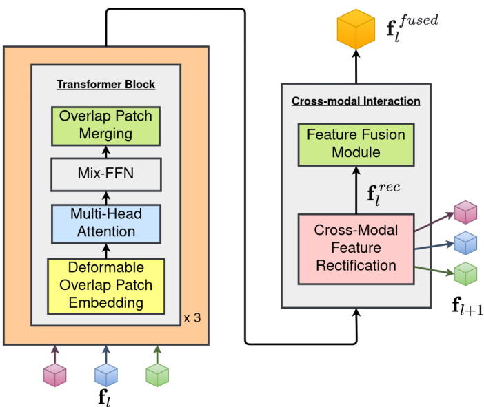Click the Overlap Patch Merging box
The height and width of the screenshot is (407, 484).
point(105,125)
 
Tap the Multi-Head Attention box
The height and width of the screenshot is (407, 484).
point(105,222)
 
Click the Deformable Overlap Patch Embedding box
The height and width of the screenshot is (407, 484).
point(105,285)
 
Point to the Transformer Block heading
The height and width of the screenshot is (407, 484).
point(105,85)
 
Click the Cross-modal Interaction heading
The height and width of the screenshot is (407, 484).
point(356,101)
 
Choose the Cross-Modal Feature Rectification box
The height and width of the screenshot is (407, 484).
point(356,248)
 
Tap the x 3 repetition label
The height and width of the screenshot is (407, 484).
point(193,318)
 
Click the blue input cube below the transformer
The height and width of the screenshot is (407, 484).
point(105,375)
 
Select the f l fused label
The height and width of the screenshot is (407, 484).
point(412,28)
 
